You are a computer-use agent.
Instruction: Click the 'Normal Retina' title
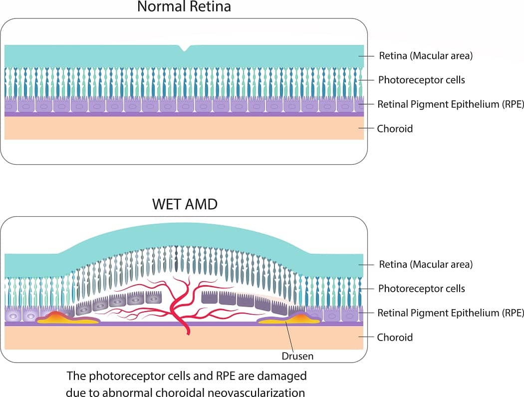(x=184, y=7)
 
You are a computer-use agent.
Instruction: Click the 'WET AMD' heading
(x=185, y=205)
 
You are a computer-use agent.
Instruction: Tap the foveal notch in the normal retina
(x=185, y=48)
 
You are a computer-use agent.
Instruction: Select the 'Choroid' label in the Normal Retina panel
(x=395, y=128)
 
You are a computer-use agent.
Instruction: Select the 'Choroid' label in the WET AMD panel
(x=395, y=337)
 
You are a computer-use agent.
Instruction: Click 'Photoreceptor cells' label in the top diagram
(x=422, y=80)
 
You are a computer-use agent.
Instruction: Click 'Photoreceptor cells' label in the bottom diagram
(x=422, y=289)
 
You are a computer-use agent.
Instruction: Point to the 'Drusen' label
(x=298, y=356)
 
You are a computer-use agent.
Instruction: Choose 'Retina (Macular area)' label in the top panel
(x=426, y=56)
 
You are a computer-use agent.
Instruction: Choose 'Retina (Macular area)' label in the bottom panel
(x=426, y=264)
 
